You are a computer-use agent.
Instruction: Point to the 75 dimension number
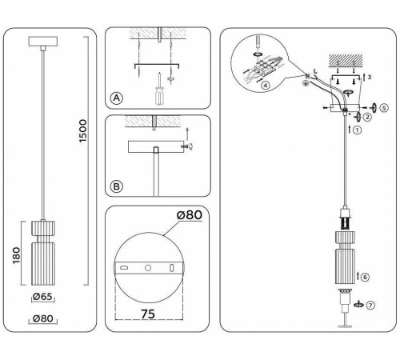[x=148, y=315]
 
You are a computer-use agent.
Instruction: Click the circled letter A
[x=117, y=98]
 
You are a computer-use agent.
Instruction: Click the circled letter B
[x=117, y=187]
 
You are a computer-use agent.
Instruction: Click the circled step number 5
[x=382, y=106]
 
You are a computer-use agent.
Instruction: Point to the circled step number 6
[x=364, y=277]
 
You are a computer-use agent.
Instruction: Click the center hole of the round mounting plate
[x=148, y=266]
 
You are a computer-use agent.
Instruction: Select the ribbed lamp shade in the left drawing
[x=42, y=254]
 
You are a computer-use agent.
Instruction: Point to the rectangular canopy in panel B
[x=157, y=149]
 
